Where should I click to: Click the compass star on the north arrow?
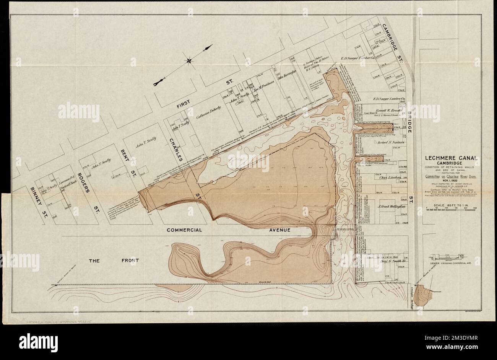tap(189, 60)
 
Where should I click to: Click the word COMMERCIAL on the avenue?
tap(184, 230)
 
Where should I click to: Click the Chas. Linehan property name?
tap(389, 178)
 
